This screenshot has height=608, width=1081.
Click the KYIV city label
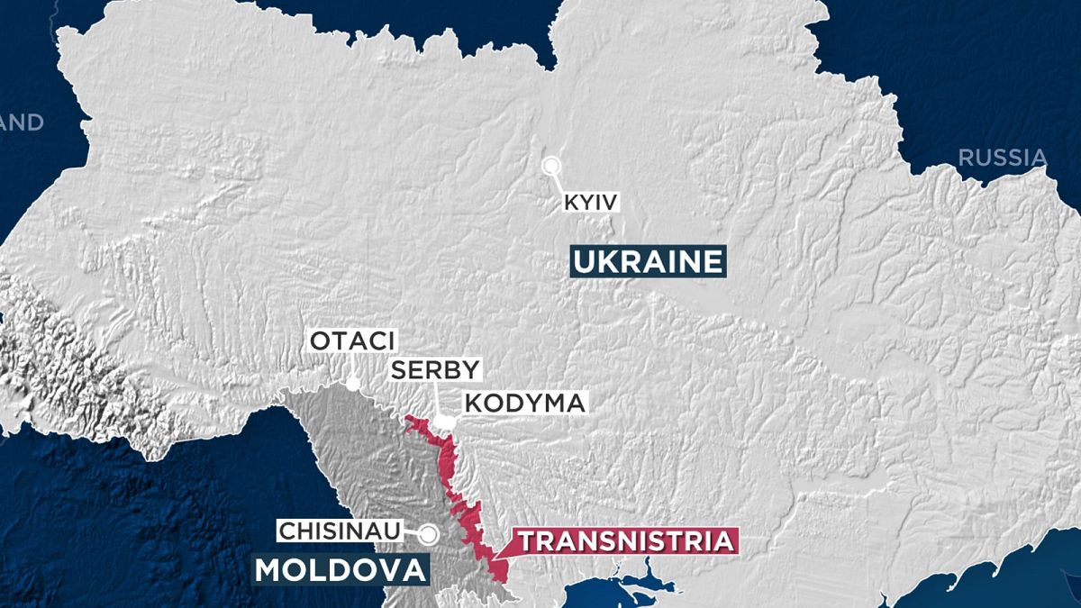591,203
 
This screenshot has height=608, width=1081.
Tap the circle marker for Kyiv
550,165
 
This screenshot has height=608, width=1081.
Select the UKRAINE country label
648,262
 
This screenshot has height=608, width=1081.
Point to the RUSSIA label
1003,159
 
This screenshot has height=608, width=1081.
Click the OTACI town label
352,341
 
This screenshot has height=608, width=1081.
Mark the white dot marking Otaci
353,384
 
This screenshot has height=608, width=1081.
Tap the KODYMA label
524,403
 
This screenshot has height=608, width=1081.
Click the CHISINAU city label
341,531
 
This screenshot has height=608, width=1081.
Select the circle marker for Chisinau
430,534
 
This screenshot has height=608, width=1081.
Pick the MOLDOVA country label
339,569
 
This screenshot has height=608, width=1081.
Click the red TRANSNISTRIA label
625,541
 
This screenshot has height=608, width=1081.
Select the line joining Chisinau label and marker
414,532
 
